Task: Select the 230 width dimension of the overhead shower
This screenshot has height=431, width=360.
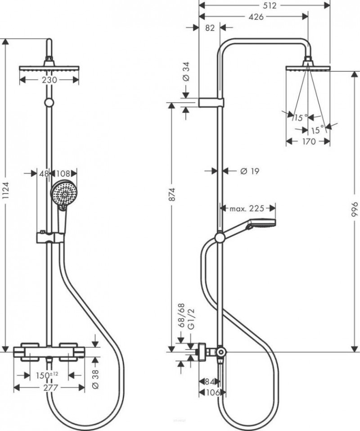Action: pyautogui.click(x=49, y=80)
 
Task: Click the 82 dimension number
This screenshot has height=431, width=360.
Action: pyautogui.click(x=209, y=28)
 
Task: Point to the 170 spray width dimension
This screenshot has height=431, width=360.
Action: pyautogui.click(x=308, y=141)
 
